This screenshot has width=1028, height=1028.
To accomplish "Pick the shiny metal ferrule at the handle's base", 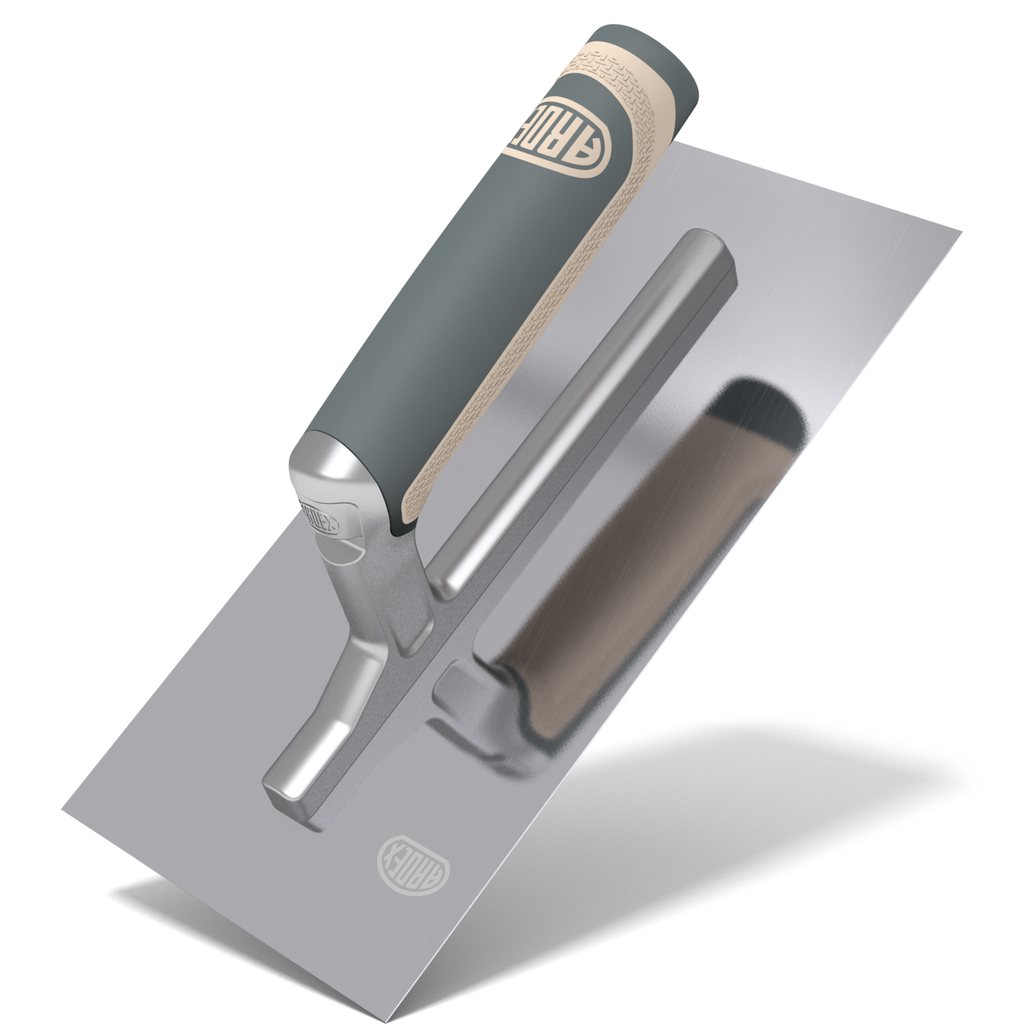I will click(335, 468).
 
